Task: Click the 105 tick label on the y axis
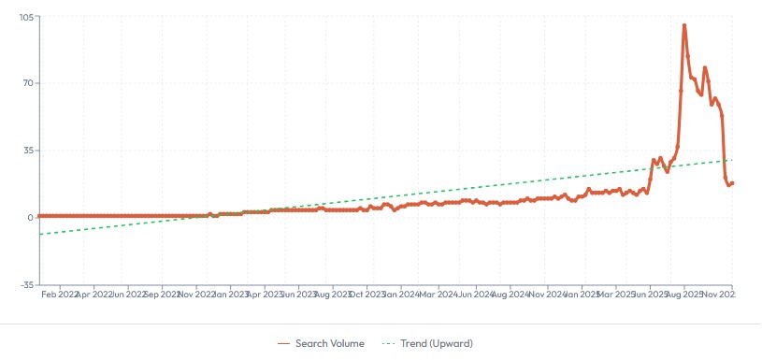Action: pos(25,18)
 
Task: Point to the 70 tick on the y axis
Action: pos(28,83)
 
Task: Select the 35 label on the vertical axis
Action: pos(28,150)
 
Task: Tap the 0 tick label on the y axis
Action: pos(31,217)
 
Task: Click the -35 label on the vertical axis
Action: pos(26,284)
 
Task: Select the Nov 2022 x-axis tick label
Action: pos(199,295)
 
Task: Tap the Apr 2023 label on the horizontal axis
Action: pos(266,295)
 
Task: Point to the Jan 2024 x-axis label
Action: pos(401,295)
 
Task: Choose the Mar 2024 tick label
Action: pos(439,295)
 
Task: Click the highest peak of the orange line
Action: pos(684,25)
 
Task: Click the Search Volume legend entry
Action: pos(321,344)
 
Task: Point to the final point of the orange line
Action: pos(733,182)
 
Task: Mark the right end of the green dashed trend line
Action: pos(733,160)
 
